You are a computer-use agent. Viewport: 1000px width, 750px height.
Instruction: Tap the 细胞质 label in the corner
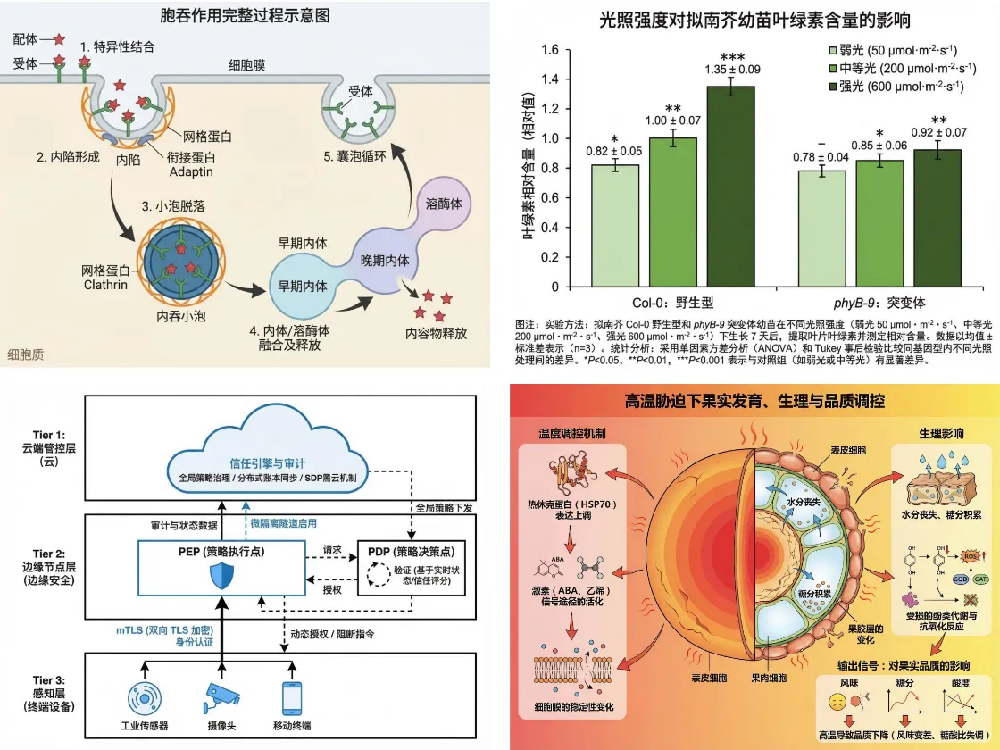[25, 354]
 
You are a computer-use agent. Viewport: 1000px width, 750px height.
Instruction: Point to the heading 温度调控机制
[574, 433]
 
